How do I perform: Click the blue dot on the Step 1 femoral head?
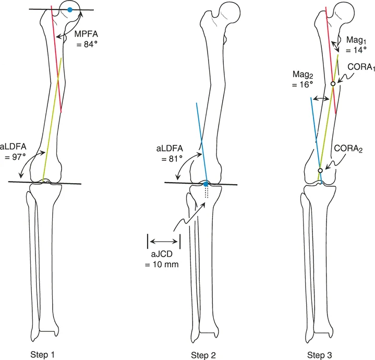70,10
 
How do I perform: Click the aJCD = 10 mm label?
162,259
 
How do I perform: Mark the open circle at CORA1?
332,83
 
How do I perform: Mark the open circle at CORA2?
320,171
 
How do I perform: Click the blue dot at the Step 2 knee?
206,184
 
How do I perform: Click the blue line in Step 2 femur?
201,141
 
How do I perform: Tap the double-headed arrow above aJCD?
164,241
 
